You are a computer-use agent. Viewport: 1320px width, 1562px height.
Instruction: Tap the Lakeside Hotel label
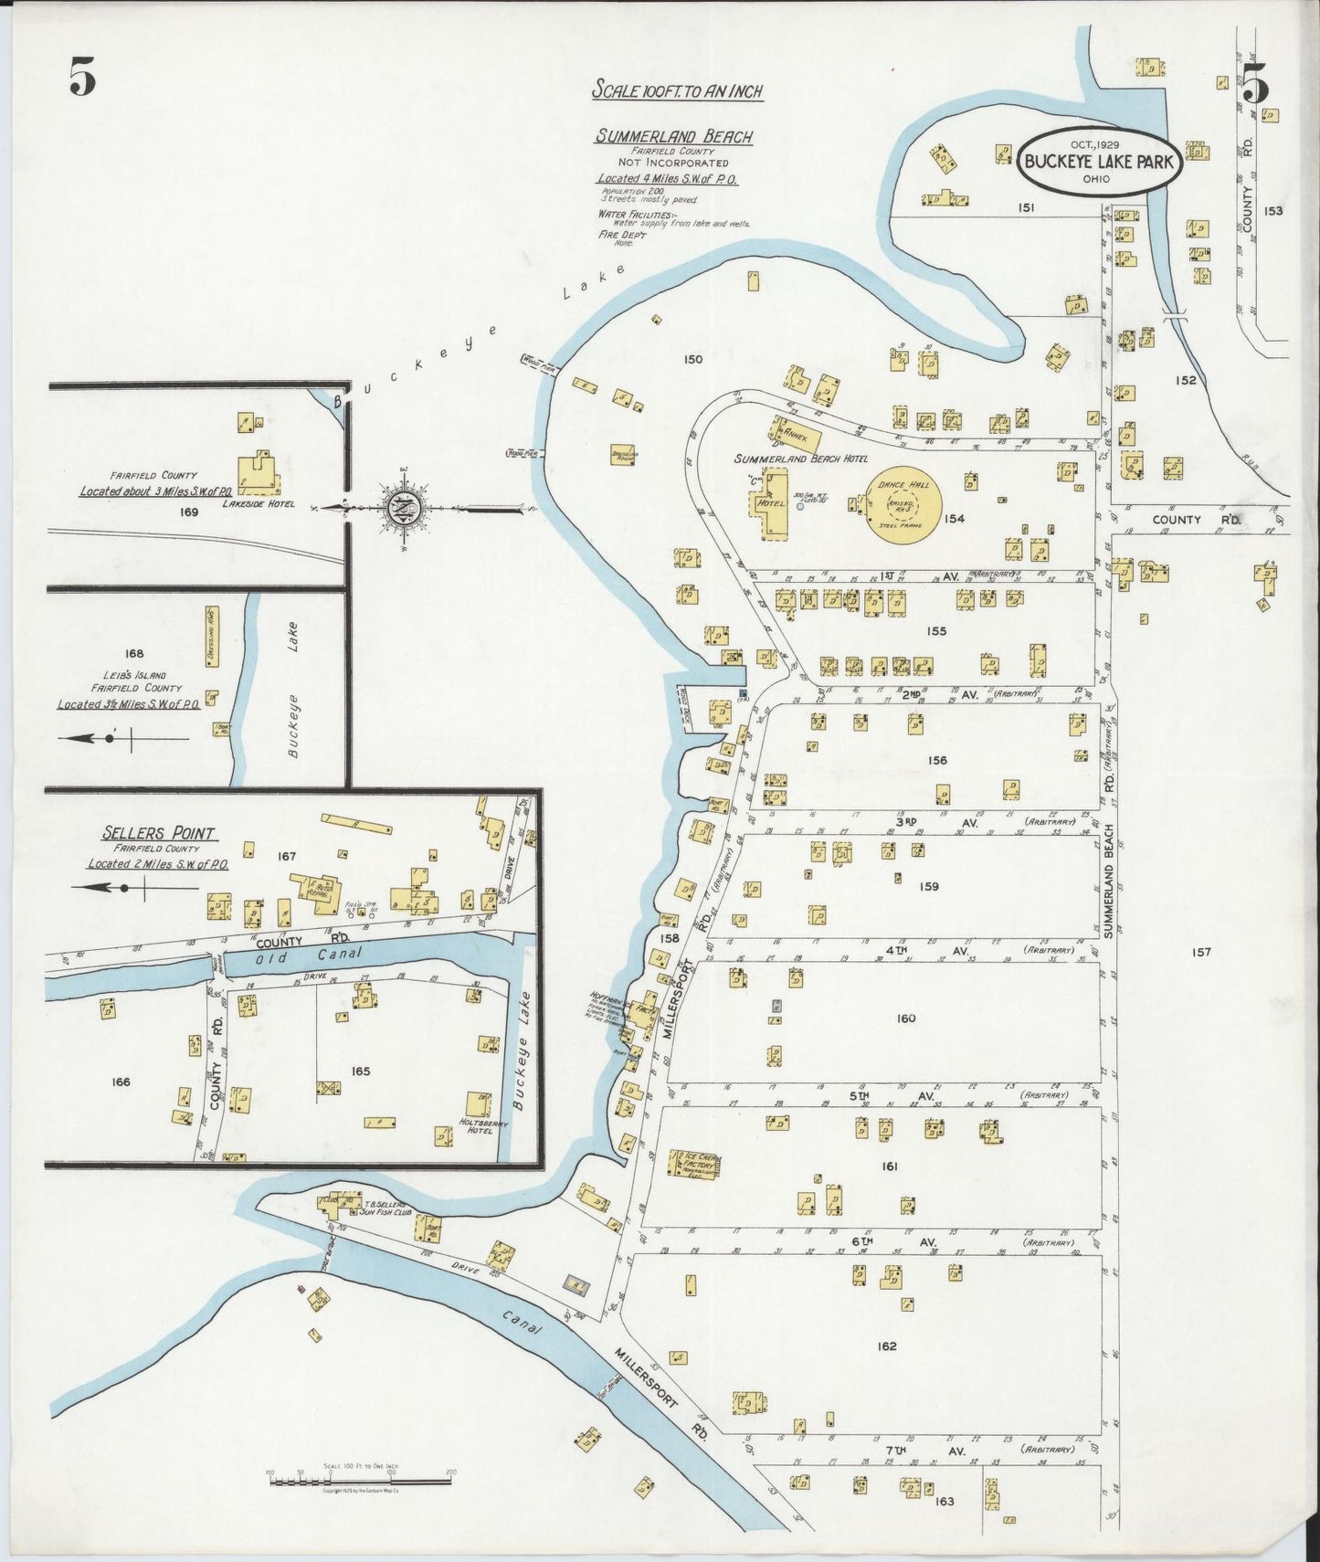(x=258, y=503)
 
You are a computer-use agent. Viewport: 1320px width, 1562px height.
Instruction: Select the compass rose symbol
(x=403, y=508)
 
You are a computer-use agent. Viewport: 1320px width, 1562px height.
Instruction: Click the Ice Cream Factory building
(x=695, y=1166)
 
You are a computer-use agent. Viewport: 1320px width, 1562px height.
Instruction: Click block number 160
(x=905, y=1018)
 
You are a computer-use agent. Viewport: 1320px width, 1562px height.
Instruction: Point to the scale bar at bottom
(x=360, y=1481)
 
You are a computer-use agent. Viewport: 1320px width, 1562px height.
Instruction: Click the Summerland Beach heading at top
(x=674, y=137)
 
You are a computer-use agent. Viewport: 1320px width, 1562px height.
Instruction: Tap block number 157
(x=1200, y=952)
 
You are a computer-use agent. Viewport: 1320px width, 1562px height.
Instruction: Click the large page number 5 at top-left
(x=82, y=77)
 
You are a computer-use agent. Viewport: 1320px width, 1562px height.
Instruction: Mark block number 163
(x=944, y=1501)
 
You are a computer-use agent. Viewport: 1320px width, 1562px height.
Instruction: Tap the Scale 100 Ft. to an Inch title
(x=677, y=90)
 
